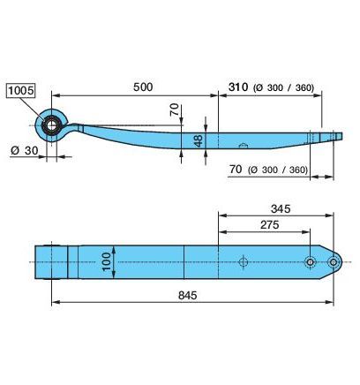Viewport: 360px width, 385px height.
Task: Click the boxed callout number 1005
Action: coord(21,90)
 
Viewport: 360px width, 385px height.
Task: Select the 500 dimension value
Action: coord(143,87)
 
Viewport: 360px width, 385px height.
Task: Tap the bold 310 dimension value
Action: coord(238,87)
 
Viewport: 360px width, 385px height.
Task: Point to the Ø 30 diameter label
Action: coord(25,151)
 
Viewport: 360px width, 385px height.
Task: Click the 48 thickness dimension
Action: coord(199,140)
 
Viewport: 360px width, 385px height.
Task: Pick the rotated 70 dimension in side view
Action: coord(175,109)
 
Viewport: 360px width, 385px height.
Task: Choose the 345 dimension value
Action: coord(281,208)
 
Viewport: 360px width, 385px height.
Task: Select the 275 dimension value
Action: coord(270,225)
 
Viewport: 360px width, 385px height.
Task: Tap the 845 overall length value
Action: coord(188,295)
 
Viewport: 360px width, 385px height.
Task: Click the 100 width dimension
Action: coord(107,261)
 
